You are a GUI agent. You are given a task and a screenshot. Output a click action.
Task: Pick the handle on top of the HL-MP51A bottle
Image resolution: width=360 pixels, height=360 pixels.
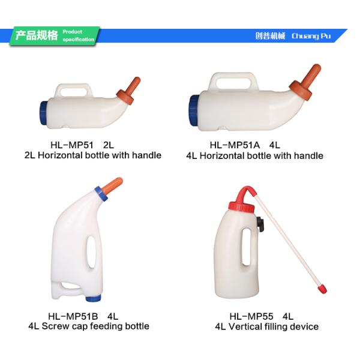pyautogui.click(x=233, y=79)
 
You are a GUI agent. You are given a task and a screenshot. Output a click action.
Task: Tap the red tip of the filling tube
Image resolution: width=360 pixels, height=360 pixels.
pyautogui.click(x=322, y=290)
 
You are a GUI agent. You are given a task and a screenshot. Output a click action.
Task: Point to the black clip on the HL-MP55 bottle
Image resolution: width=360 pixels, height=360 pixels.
pyautogui.click(x=260, y=224)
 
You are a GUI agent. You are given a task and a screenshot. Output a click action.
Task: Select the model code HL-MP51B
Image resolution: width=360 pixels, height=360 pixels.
pyautogui.click(x=74, y=316)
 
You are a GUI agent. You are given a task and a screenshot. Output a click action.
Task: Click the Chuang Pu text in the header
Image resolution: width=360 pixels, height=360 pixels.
pyautogui.click(x=311, y=36)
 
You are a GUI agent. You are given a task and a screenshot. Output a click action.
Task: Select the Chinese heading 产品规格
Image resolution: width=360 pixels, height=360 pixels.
pyautogui.click(x=36, y=35)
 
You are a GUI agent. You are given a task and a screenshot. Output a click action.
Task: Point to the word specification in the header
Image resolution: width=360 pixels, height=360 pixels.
pyautogui.click(x=79, y=40)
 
